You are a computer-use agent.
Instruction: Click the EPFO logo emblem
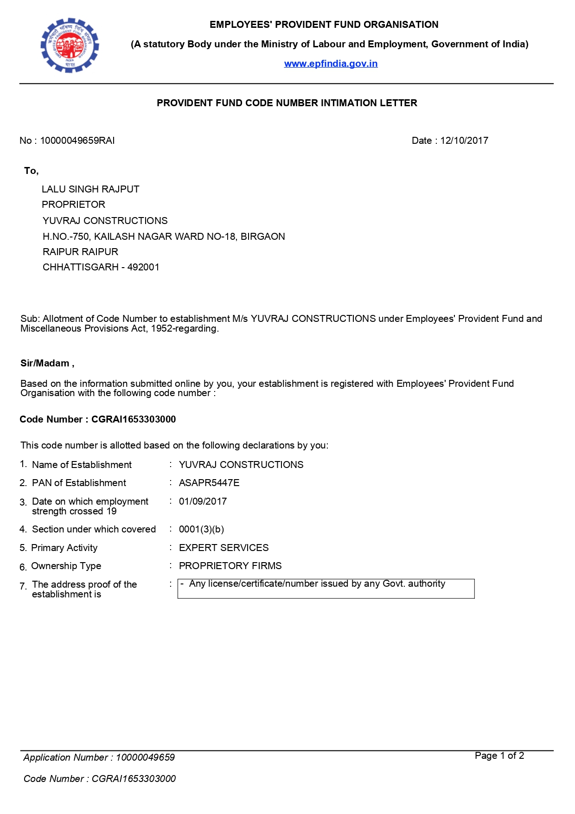tap(70, 45)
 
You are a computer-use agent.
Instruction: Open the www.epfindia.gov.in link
tap(331, 64)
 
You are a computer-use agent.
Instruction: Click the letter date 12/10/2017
tap(464, 141)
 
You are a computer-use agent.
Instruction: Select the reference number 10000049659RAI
tap(77, 141)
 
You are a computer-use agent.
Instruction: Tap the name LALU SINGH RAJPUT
tap(90, 189)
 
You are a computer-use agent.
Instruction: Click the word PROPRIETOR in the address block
tap(73, 205)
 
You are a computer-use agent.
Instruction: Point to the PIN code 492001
tap(143, 267)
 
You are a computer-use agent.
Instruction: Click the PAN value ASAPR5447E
tap(209, 483)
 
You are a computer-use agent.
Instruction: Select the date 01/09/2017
tap(203, 501)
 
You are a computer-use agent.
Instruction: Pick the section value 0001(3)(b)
tap(201, 529)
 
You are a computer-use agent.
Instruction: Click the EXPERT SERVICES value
tap(224, 548)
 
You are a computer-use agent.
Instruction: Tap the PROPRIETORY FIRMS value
tap(230, 566)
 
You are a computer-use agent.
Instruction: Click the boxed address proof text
tap(317, 584)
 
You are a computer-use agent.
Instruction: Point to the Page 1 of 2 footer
tap(499, 756)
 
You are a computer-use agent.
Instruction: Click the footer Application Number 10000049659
tap(145, 757)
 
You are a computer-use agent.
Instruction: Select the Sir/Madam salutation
tap(47, 363)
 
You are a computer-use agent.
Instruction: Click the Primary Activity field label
tap(64, 548)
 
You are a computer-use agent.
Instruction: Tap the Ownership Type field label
tap(66, 566)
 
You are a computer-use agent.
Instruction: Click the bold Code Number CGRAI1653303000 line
tap(98, 419)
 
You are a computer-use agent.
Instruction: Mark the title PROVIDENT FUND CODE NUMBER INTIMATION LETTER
tap(287, 103)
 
